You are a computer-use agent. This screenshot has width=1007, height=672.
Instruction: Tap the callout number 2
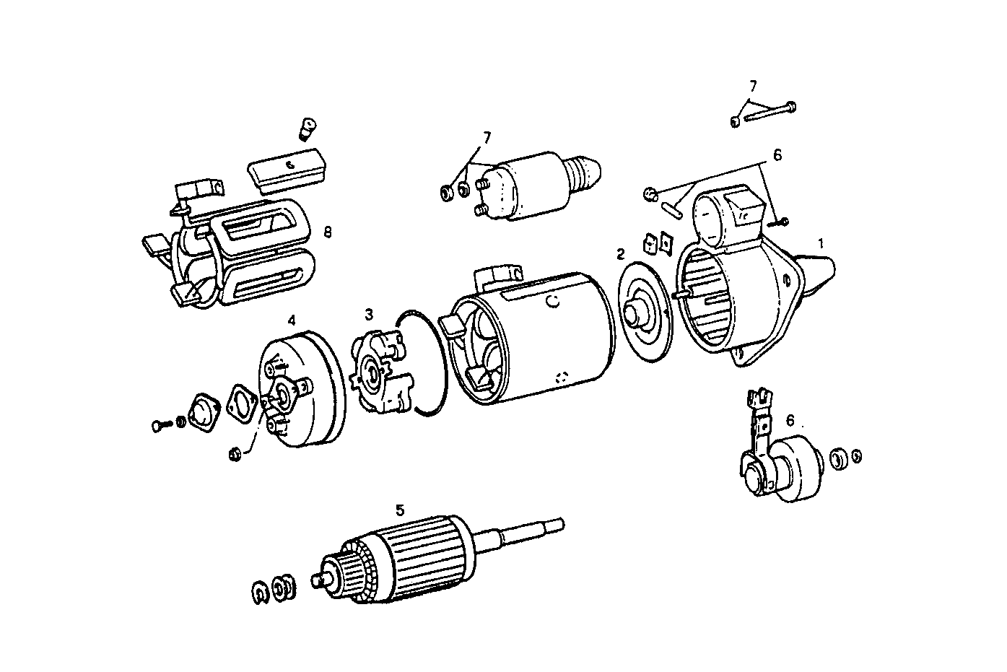(620, 253)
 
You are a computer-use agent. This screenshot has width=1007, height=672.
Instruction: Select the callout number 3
(369, 314)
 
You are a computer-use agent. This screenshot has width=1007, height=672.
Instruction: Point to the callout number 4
(292, 319)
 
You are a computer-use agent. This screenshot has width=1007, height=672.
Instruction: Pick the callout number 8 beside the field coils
(328, 232)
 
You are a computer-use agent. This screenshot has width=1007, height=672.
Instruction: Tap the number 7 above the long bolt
(753, 85)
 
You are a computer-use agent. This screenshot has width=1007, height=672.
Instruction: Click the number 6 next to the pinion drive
(790, 419)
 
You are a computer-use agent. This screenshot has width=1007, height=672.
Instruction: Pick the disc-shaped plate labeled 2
(645, 315)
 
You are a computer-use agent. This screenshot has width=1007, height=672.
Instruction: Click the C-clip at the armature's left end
(261, 593)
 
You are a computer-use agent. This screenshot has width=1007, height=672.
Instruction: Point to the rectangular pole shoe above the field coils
(288, 171)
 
